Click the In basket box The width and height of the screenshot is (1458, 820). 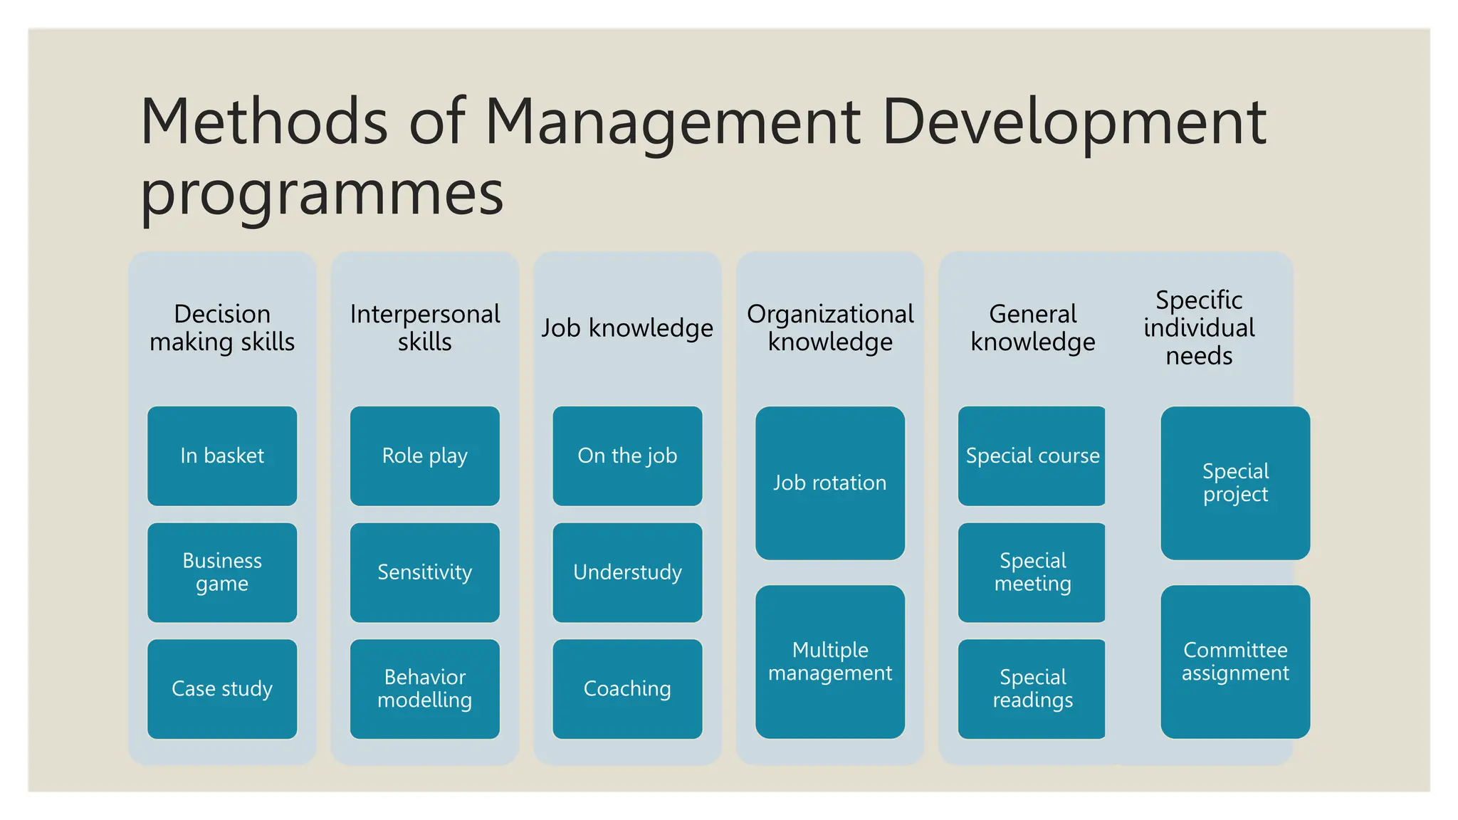click(x=222, y=456)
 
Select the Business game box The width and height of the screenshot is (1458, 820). click(x=222, y=572)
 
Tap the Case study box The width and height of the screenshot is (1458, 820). click(x=222, y=688)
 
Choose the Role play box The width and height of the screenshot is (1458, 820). click(x=425, y=456)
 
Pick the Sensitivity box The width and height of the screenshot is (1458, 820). click(x=425, y=572)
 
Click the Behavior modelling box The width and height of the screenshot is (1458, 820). click(x=425, y=688)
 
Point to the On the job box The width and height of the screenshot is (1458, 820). click(x=627, y=456)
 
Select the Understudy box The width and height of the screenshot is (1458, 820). click(x=627, y=572)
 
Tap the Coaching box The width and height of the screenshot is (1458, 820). click(x=627, y=688)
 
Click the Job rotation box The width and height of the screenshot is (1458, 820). click(x=830, y=483)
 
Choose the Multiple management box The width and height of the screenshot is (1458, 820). click(x=830, y=661)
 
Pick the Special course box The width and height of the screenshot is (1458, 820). click(x=1032, y=456)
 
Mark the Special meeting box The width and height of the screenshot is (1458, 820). click(x=1032, y=572)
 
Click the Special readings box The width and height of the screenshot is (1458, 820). click(x=1032, y=688)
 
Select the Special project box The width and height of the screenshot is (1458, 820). click(x=1235, y=483)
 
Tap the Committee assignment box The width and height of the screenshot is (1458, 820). click(x=1235, y=661)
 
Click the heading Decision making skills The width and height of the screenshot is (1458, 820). click(x=222, y=327)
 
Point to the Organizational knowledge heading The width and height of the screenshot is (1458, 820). click(x=830, y=327)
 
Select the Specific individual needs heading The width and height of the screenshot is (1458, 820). click(x=1199, y=327)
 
